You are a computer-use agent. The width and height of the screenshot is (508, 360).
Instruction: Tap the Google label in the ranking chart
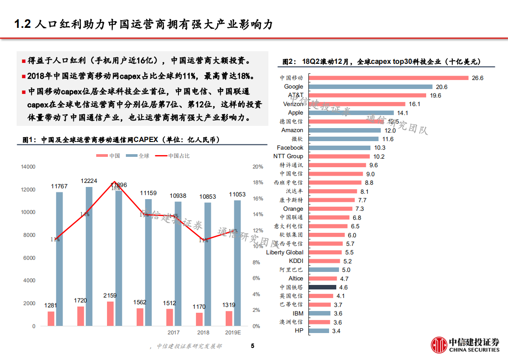(x=294, y=86)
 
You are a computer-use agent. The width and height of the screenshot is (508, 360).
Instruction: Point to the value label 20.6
(x=441, y=87)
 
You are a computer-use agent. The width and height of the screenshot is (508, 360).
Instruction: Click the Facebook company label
(x=290, y=147)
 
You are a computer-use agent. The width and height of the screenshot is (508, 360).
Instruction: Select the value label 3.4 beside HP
(x=336, y=331)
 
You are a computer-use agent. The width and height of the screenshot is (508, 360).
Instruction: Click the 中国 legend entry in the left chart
(x=109, y=156)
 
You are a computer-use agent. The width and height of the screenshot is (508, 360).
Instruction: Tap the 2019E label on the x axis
(x=233, y=333)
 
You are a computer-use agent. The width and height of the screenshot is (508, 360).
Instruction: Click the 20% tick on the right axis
(x=258, y=167)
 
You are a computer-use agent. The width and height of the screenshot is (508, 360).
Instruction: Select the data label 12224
(x=89, y=181)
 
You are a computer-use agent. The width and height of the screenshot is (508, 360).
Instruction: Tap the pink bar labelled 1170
(x=199, y=319)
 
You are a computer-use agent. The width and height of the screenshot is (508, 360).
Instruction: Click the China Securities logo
(x=465, y=345)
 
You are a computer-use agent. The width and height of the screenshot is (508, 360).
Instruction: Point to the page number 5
(x=252, y=346)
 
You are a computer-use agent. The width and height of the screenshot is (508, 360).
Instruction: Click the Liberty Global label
(x=285, y=252)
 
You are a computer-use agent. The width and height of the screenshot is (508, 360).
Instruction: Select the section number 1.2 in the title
(x=22, y=24)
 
